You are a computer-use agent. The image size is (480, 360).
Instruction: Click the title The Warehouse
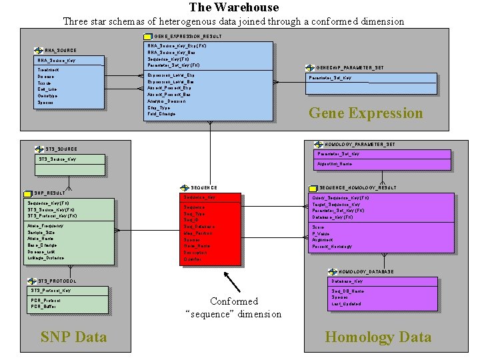[233, 7]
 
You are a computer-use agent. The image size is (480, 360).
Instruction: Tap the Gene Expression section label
[365, 113]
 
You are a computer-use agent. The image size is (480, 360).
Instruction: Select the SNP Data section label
[73, 337]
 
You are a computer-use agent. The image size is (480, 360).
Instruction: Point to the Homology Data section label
[378, 337]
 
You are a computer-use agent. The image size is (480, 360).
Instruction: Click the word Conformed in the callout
[233, 301]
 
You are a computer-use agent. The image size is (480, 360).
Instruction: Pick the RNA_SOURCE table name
[61, 51]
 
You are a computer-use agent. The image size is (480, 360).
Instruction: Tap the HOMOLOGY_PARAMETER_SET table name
[360, 144]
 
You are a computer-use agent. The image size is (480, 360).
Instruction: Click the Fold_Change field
[162, 114]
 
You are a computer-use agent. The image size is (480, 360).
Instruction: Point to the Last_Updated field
[346, 304]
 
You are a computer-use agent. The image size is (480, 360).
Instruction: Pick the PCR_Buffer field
[45, 306]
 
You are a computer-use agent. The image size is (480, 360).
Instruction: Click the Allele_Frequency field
[46, 226]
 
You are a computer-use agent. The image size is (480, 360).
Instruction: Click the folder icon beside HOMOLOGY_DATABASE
[333, 272]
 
